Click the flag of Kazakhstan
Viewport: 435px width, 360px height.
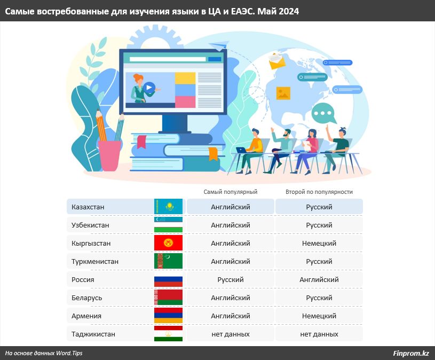(x=169, y=207)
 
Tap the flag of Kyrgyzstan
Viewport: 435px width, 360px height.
(x=169, y=243)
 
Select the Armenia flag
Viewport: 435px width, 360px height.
(x=169, y=316)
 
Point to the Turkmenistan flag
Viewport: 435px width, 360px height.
(x=169, y=261)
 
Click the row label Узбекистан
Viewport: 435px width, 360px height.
(x=90, y=225)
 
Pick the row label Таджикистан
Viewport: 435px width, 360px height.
(x=93, y=334)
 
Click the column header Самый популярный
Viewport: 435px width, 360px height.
(x=231, y=192)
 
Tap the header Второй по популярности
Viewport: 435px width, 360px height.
(x=319, y=192)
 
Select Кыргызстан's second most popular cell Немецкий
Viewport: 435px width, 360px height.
(x=319, y=243)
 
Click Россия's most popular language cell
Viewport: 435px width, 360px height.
(x=231, y=279)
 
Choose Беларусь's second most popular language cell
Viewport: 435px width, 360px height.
(x=319, y=298)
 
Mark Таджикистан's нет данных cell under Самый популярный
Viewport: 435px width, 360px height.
(x=231, y=334)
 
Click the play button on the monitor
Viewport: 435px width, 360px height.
(x=149, y=88)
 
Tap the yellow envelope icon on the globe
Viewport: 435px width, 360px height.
(x=277, y=61)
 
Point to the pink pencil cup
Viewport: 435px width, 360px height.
(x=110, y=155)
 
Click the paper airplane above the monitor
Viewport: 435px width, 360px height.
(x=219, y=45)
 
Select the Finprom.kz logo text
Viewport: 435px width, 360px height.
(x=411, y=353)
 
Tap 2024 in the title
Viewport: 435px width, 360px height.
(x=289, y=11)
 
